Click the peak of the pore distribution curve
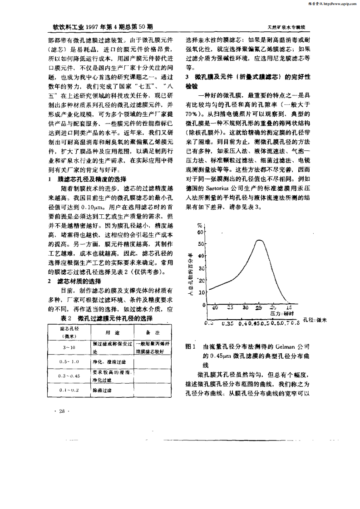pyautogui.click(x=259, y=240)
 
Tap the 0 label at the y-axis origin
pyautogui.click(x=204, y=304)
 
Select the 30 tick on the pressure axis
pyautogui.click(x=245, y=307)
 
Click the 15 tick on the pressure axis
pyautogui.click(x=289, y=307)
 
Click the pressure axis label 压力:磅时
pyautogui.click(x=281, y=314)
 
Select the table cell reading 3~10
pyautogui.click(x=69, y=347)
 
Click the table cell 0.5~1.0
pyautogui.click(x=69, y=362)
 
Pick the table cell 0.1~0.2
pyautogui.click(x=69, y=390)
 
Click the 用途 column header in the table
pyautogui.click(x=112, y=333)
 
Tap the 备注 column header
pyautogui.click(x=153, y=333)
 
